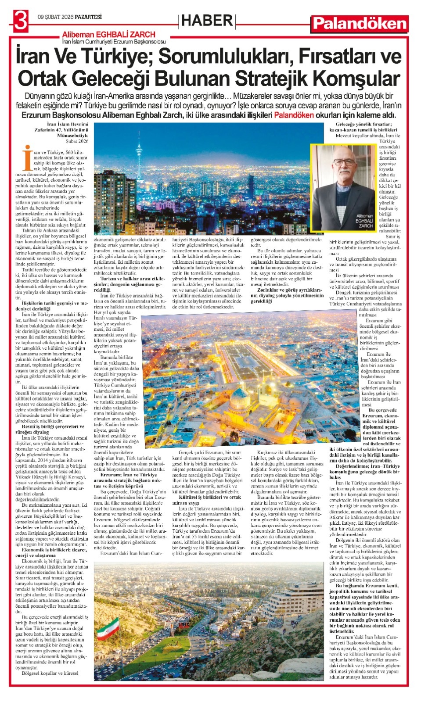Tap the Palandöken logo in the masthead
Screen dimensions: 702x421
[x=360, y=23]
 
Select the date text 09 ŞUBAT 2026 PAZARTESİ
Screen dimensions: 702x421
[x=70, y=17]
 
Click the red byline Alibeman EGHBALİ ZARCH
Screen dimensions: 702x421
[x=108, y=34]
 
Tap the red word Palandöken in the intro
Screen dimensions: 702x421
[x=294, y=115]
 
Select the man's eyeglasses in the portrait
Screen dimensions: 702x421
[x=344, y=162]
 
